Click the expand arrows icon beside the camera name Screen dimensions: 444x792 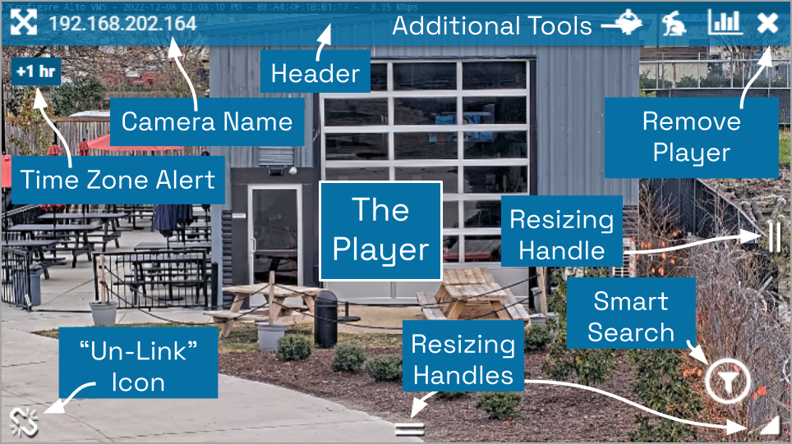(24, 22)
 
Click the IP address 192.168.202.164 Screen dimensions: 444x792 (122, 23)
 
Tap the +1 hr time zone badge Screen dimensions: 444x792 (35, 71)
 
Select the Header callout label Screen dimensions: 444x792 (315, 74)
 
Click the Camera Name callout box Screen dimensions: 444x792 (206, 122)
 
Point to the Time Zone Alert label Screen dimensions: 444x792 (117, 179)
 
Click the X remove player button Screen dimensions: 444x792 (767, 23)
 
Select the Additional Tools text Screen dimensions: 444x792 (491, 25)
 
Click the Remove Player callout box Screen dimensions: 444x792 (691, 137)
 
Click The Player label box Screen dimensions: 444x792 (380, 230)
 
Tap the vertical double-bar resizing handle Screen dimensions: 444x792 (774, 239)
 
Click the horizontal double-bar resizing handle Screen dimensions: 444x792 (409, 428)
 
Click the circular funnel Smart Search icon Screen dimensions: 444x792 (727, 381)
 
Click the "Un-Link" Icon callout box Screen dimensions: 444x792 (138, 367)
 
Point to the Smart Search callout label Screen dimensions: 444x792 (631, 317)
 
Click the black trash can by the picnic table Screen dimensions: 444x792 (326, 318)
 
